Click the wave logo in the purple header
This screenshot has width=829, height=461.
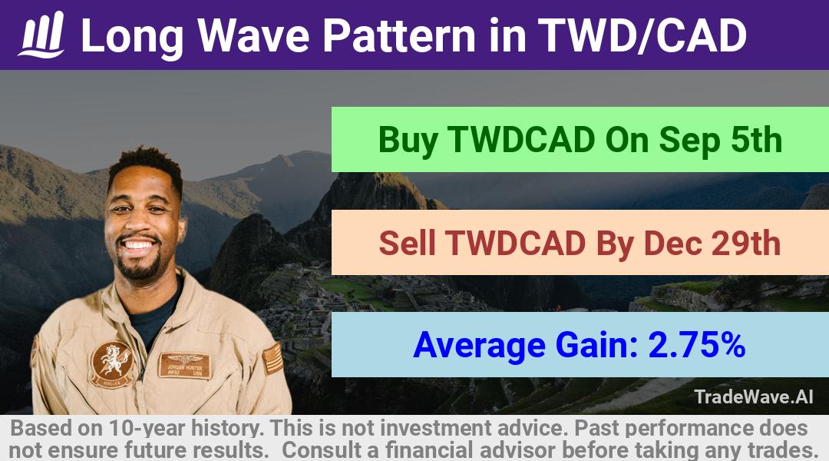tap(41, 35)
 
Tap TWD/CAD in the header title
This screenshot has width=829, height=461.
tap(642, 35)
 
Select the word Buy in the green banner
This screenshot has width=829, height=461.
tap(408, 141)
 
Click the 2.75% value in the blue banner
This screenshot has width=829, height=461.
tap(697, 345)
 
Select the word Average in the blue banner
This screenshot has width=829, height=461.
tap(479, 346)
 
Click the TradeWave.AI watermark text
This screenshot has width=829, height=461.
tap(754, 396)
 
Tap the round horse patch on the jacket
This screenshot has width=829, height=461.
tap(111, 365)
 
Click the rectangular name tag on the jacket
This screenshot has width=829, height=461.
tap(184, 365)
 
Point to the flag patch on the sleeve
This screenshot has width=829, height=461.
tap(272, 358)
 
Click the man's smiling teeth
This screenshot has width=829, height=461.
tap(138, 245)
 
